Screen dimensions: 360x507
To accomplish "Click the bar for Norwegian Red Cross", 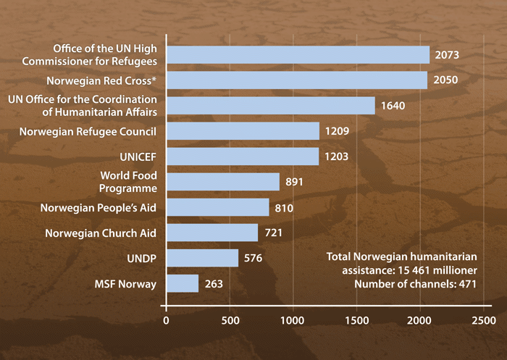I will coord(297,80).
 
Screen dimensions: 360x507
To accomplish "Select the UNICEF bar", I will coord(243,156).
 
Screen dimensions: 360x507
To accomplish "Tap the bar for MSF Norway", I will coord(183,283).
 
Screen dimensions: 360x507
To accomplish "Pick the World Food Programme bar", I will coord(223,182).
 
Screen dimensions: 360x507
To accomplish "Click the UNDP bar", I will coord(203,258).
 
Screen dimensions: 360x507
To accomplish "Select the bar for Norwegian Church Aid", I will coord(212,233).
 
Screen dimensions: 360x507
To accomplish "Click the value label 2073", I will coord(448,55).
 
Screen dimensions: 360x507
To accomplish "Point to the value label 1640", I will coord(393,106).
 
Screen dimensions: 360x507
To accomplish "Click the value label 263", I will coord(213,283).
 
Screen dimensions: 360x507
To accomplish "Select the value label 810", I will coord(284,207).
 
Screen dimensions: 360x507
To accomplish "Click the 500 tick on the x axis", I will coord(230,319).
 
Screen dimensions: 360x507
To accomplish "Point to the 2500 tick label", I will coord(483,319).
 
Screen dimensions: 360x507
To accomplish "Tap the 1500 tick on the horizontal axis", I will coord(356,319).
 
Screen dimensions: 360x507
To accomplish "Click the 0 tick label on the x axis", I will coord(167,319).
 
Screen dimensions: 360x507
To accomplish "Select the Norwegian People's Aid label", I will coord(98,208).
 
